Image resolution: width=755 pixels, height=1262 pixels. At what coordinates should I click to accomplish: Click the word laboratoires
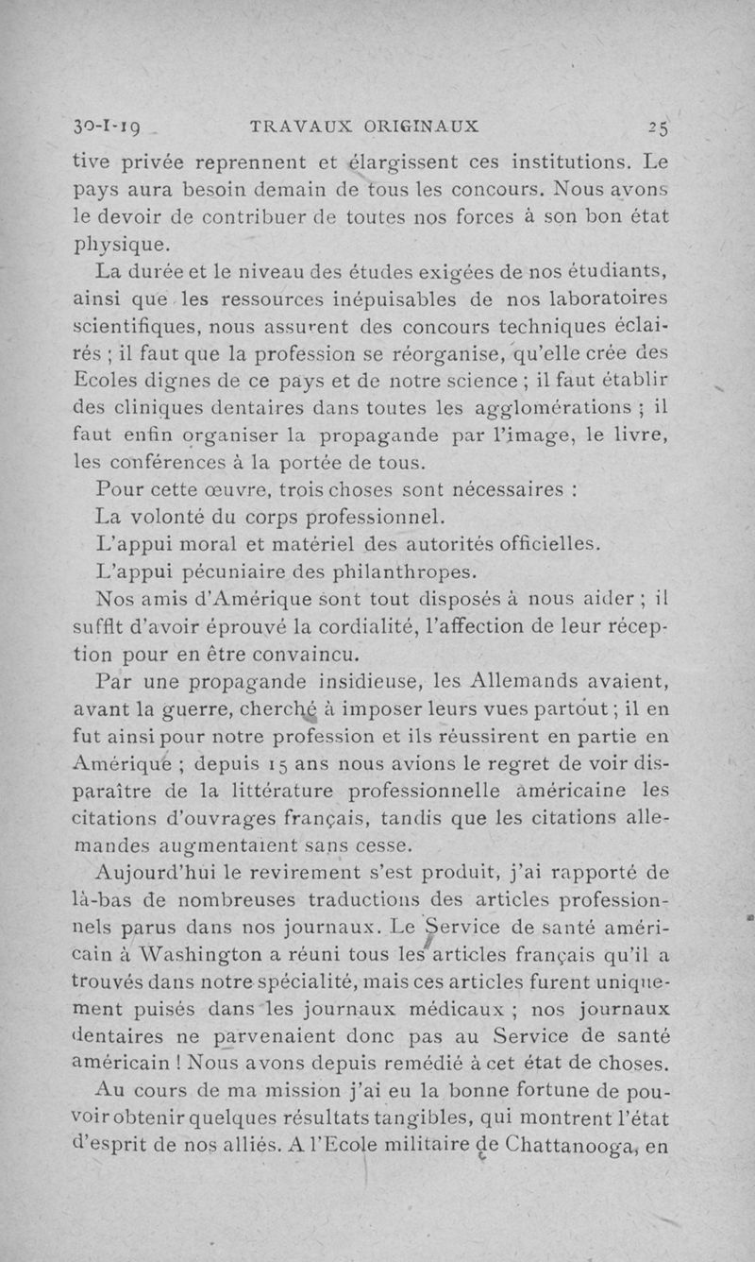click(x=611, y=300)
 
